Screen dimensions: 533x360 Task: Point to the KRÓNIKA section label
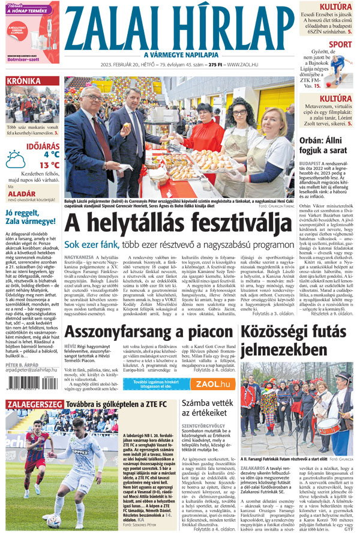click(x=24, y=82)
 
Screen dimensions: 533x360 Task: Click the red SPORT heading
click(x=340, y=44)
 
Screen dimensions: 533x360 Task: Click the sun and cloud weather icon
click(x=15, y=159)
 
